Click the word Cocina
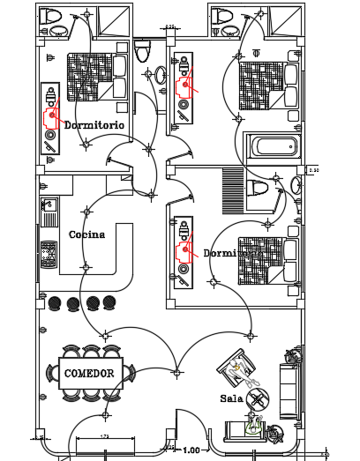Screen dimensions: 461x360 [86, 234]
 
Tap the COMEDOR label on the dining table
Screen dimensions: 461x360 [89, 374]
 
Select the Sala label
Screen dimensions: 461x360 [232, 398]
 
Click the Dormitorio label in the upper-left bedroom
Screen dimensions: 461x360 [94, 125]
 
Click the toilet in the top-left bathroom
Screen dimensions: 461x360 [53, 16]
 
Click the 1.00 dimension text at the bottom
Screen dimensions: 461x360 [191, 450]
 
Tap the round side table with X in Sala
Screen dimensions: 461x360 [258, 399]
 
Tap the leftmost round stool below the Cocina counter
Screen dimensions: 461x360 [55, 302]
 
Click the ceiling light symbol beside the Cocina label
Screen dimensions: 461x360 [86, 211]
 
